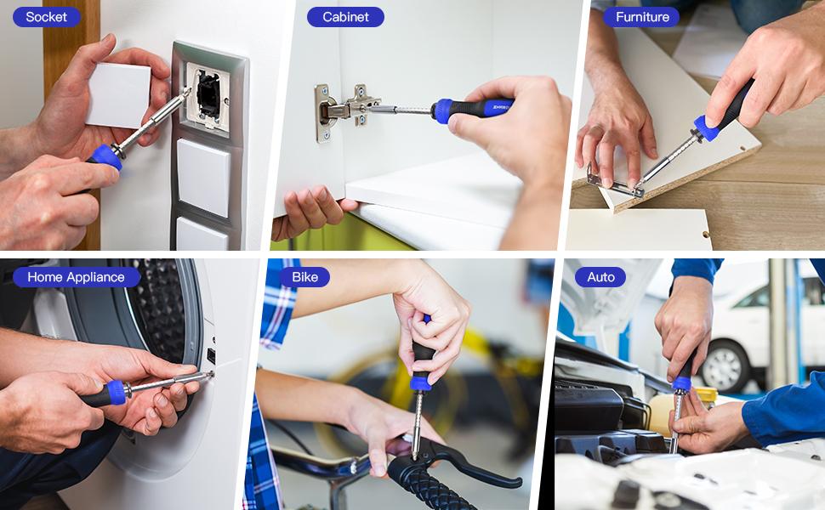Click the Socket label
tap(46, 17)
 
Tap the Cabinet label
tap(345, 17)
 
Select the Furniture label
tap(642, 17)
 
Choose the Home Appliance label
tap(77, 277)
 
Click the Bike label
tap(304, 277)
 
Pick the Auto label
tap(600, 277)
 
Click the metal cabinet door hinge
tap(343, 110)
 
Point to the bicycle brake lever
tap(463, 462)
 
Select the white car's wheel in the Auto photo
tap(725, 366)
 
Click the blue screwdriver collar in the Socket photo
tap(105, 156)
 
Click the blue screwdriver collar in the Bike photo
tap(421, 382)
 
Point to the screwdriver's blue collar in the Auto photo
tap(682, 384)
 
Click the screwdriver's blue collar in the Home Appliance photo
tap(117, 392)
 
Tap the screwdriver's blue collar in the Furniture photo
tap(707, 127)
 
